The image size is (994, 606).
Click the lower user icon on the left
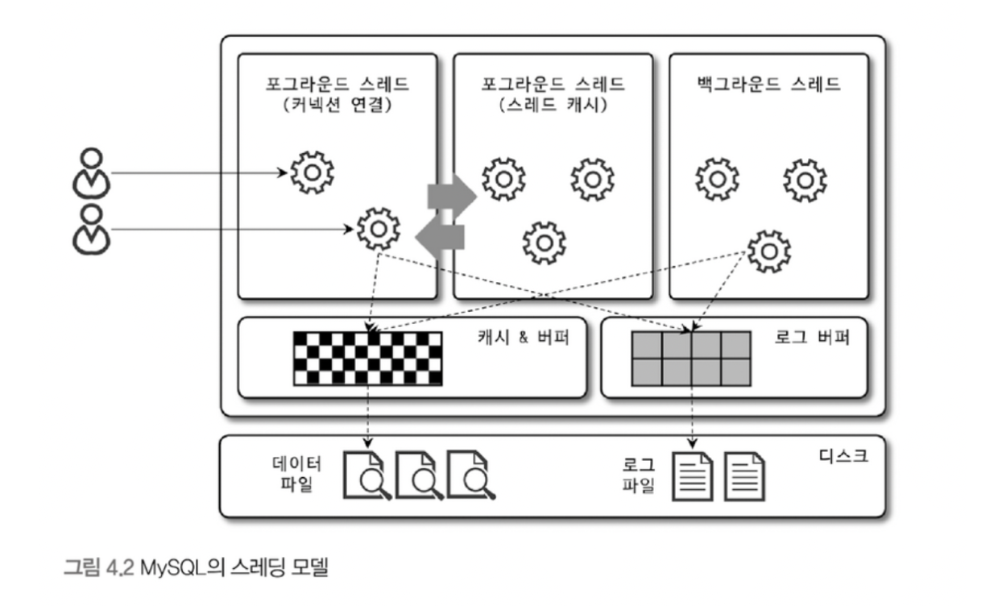(90, 229)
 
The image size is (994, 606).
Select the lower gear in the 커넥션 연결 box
(378, 230)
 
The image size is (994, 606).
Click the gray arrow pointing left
(440, 236)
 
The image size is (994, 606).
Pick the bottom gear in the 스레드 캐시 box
(544, 243)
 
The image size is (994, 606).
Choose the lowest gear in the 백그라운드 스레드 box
(769, 251)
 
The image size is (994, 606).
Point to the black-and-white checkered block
(367, 358)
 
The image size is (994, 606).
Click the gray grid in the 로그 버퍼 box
(692, 359)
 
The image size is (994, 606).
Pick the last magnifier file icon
(471, 475)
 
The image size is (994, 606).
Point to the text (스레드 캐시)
(553, 104)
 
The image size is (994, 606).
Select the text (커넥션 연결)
(338, 104)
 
